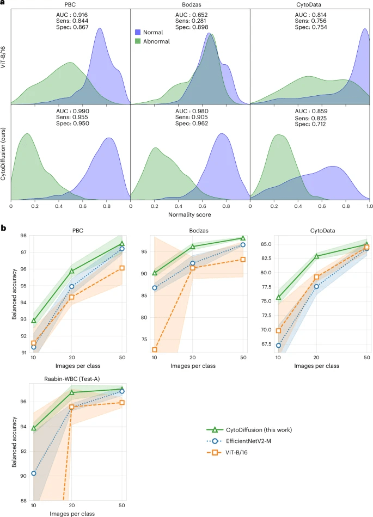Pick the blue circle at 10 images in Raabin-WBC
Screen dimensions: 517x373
(34, 473)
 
